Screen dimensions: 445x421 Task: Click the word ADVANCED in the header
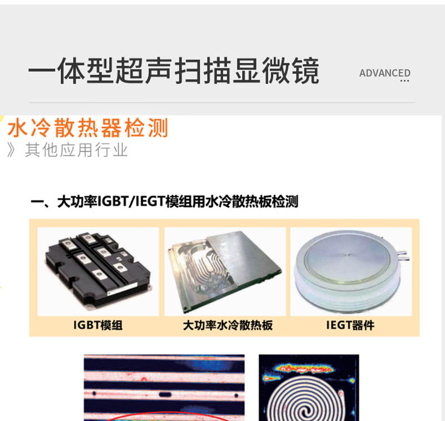385,73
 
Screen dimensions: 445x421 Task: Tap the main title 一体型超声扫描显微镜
174,71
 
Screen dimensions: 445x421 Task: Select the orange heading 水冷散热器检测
88,128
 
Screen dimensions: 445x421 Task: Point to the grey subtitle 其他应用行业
76,150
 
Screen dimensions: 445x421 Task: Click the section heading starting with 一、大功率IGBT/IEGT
164,202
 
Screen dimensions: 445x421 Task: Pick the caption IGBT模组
98,325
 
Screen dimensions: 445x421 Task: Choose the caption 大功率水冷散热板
228,325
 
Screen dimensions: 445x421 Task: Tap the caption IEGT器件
350,325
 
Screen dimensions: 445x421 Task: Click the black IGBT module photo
98,271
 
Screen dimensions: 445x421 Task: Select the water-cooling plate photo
225,271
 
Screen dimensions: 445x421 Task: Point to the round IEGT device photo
351,271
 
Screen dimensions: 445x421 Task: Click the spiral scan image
309,388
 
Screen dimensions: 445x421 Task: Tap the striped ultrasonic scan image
164,388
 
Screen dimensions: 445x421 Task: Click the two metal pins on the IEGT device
403,255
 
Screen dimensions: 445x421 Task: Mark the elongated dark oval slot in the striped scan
165,394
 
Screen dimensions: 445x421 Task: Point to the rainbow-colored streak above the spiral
304,369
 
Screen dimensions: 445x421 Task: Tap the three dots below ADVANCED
405,81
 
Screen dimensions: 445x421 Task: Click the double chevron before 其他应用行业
11,150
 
